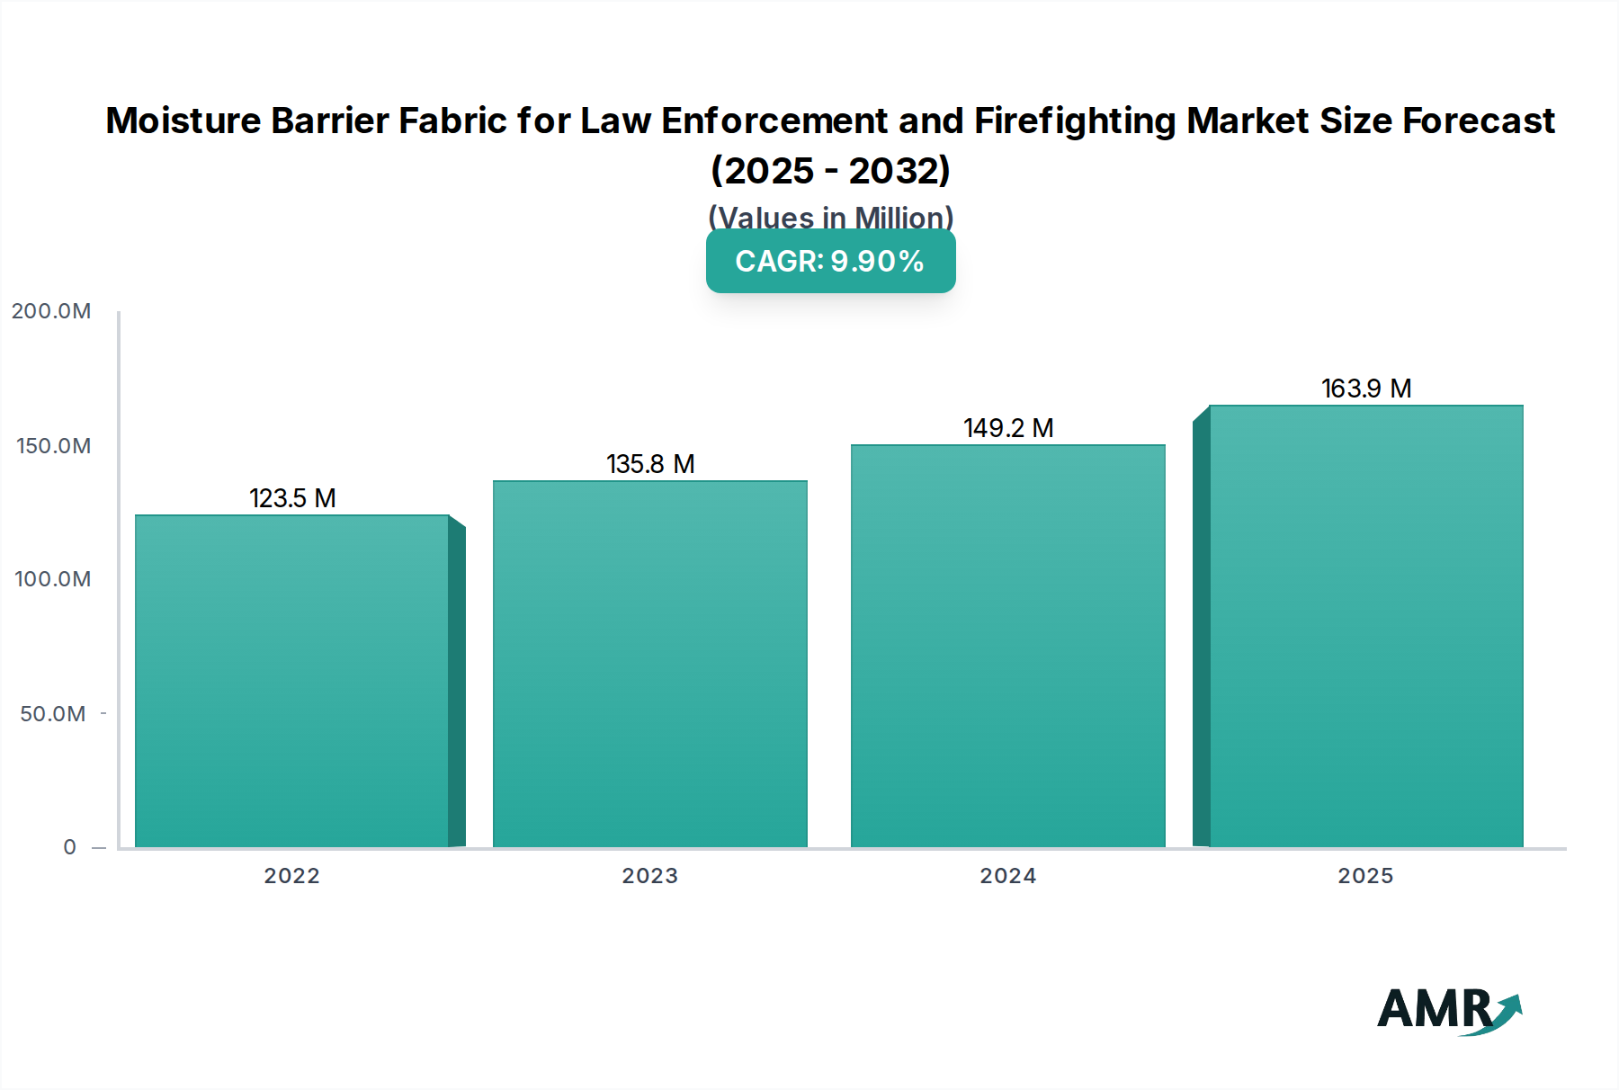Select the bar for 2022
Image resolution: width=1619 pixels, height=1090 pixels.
(x=292, y=681)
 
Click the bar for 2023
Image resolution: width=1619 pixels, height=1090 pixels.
(x=649, y=664)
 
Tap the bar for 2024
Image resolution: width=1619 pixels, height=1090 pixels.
(x=1007, y=646)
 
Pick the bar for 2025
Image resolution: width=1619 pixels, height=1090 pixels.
(x=1365, y=626)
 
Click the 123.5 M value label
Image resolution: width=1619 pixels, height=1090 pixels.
(x=292, y=498)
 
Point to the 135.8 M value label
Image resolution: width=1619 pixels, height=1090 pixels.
(x=650, y=464)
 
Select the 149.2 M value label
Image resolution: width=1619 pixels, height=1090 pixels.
(x=1008, y=428)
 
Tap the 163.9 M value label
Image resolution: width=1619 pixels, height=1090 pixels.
(x=1365, y=389)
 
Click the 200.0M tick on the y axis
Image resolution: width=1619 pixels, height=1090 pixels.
(x=51, y=311)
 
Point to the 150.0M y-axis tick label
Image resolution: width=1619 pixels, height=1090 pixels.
(x=53, y=446)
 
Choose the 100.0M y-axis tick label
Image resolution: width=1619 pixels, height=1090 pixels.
(x=53, y=579)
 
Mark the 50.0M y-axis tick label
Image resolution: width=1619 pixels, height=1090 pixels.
(x=53, y=714)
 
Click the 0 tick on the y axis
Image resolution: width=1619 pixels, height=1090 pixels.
(x=70, y=847)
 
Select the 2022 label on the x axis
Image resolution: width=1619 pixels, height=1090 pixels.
(x=291, y=876)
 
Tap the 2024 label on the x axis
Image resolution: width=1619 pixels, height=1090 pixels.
(x=1007, y=876)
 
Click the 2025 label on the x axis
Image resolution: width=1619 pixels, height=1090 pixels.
(x=1365, y=876)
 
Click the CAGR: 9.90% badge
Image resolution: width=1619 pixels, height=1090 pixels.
(x=830, y=261)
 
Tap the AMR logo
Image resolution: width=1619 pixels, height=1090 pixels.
(x=1448, y=1010)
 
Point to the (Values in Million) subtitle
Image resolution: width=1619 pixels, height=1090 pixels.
(x=830, y=217)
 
